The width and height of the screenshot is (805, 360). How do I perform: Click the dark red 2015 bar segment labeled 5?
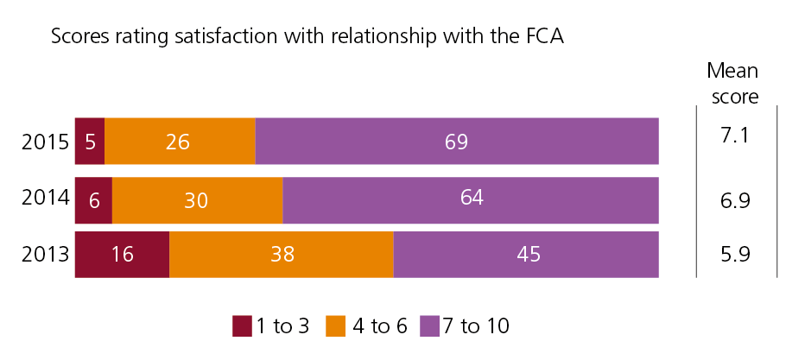tap(90, 141)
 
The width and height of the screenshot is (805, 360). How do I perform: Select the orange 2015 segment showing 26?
tap(180, 141)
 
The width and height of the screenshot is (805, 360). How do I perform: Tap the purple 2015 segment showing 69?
tap(457, 141)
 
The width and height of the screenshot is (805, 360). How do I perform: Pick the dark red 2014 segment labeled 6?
tap(93, 199)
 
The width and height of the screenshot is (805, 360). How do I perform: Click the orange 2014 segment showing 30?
tap(197, 199)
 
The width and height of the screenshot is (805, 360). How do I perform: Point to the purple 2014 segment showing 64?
tap(471, 199)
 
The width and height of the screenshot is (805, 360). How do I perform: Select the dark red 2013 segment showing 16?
tap(122, 255)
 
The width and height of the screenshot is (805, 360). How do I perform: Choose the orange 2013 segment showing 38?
tap(281, 255)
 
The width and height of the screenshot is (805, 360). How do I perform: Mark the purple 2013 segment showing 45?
tap(526, 255)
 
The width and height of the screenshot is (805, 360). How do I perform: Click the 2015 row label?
tap(45, 142)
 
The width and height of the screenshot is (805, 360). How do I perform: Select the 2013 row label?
tap(45, 255)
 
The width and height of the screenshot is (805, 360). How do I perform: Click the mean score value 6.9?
tap(735, 200)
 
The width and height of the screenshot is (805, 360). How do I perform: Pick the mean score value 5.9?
tap(735, 256)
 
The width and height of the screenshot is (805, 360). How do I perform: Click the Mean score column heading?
tap(734, 83)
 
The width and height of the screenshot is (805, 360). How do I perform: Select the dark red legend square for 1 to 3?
tap(241, 326)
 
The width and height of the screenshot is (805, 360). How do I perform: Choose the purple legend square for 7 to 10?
tap(429, 326)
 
